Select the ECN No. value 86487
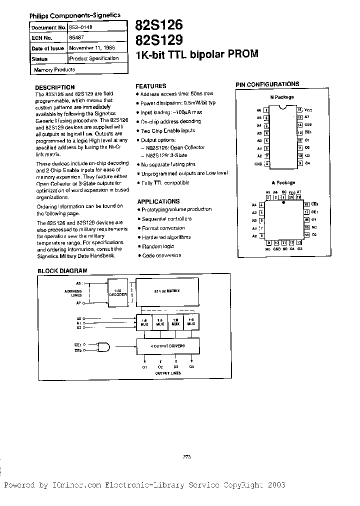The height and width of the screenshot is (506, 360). [76, 38]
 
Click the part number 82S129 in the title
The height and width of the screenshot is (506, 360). [158, 40]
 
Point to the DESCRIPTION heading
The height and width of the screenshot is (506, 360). [55, 87]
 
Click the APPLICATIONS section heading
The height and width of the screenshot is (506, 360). [158, 201]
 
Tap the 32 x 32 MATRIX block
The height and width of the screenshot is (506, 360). [167, 290]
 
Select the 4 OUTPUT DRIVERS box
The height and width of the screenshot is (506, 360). [167, 345]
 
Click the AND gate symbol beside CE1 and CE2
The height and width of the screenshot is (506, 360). [104, 346]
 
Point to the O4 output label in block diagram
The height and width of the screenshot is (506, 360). [192, 367]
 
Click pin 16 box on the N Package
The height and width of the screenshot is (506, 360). [299, 109]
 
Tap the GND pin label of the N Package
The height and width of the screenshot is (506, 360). [258, 163]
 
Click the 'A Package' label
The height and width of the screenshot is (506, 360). [283, 183]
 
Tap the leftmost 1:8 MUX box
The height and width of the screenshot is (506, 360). [145, 322]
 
